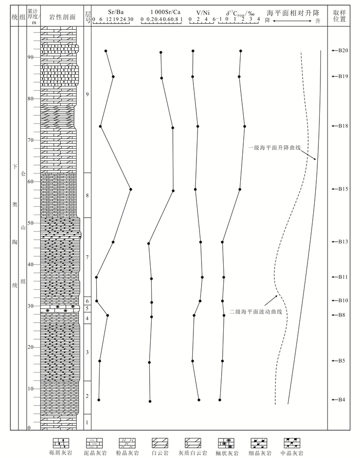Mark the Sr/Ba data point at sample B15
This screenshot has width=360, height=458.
tap(131, 189)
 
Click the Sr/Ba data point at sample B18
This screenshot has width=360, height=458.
tap(100, 126)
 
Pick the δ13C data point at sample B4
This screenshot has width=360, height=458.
tap(220, 399)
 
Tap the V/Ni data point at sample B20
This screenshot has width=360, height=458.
tap(193, 51)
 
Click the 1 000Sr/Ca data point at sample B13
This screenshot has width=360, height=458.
tap(149, 243)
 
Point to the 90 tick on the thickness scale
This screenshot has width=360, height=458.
tap(30, 57)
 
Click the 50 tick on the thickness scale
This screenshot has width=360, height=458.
tap(30, 223)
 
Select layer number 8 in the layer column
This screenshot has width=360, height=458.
tap(87, 196)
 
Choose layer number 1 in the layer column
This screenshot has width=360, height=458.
tap(87, 422)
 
